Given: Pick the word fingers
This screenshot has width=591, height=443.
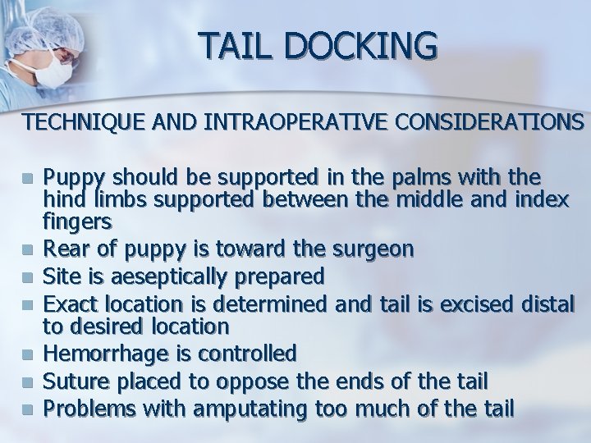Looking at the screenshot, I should pos(77,221).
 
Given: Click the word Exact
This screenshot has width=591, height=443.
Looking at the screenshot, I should pos(66,304).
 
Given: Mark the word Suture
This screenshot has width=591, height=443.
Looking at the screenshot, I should pos(72,381).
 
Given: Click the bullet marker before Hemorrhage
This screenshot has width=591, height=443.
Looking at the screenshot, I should pos(30,355).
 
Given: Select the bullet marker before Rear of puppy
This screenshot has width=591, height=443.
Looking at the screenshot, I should pos(30,249).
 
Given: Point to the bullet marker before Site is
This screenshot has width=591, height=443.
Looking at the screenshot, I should pos(30,276).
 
